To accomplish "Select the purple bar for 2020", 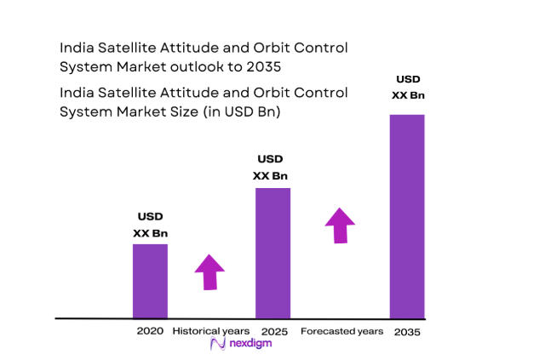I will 150,281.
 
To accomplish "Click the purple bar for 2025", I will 273,253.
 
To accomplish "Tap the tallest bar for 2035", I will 406,216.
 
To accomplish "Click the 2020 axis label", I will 150,330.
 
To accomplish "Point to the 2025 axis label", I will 272,330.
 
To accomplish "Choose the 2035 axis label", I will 406,330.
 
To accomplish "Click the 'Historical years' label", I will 211,330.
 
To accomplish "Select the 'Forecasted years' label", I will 341,330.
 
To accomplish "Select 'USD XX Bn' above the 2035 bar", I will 407,87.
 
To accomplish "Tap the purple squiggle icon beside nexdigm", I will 217,344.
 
